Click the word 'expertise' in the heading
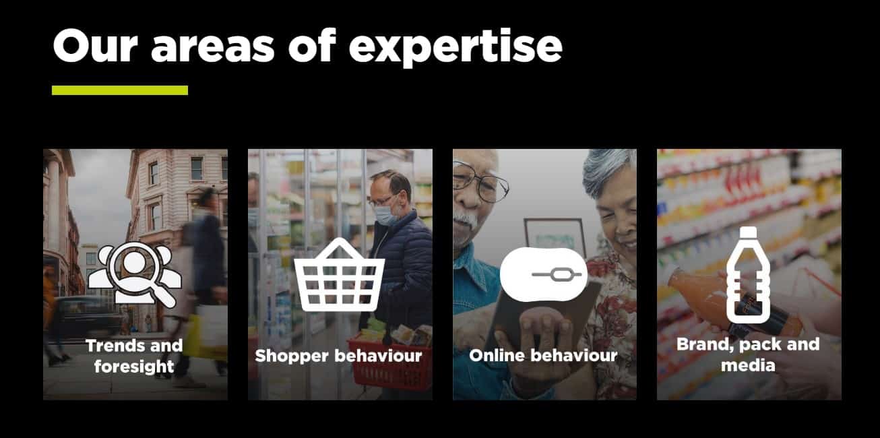coord(455,48)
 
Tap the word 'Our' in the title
coord(95,45)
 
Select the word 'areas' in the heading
coord(212,49)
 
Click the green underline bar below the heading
coord(120,90)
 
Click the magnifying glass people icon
coord(135,274)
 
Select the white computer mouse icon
coord(544,274)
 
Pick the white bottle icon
coord(748,275)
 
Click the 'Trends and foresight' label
coord(134,356)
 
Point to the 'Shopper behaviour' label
coord(338,356)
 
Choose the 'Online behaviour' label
coord(543,355)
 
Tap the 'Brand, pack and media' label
coord(748,354)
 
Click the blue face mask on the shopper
coord(387,216)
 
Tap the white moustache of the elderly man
coord(466,220)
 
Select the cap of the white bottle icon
coord(748,232)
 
